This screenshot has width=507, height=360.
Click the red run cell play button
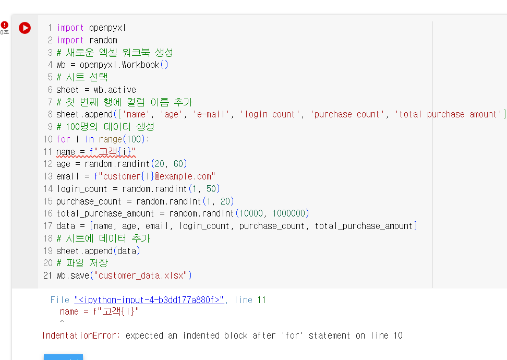[25, 28]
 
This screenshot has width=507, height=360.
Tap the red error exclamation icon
[5, 25]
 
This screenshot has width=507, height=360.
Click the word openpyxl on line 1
[107, 28]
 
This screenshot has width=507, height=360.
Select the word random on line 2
[103, 40]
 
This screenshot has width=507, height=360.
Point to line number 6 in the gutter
[50, 90]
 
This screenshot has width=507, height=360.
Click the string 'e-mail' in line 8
[211, 114]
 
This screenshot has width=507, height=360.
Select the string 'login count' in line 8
[270, 114]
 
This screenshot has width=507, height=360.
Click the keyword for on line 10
[63, 139]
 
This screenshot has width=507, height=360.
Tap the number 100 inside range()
[134, 139]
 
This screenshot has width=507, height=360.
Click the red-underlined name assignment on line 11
[95, 152]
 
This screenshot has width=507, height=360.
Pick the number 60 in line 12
[178, 164]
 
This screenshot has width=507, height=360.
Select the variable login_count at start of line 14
[82, 189]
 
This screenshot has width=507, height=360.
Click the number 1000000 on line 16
[289, 213]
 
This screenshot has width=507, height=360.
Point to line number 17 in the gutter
[48, 226]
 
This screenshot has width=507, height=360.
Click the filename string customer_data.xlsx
[141, 275]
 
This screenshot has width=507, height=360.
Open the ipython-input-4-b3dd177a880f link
[149, 300]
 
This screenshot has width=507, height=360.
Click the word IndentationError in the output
[79, 335]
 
